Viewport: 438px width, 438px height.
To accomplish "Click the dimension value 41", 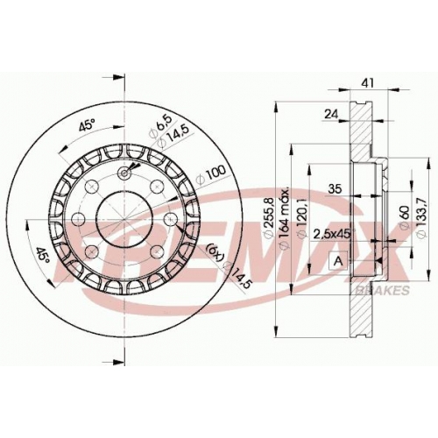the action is coord(368,83).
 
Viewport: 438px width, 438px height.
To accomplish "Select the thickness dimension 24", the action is coord(331,114).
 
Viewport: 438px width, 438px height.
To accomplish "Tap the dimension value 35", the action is coord(335,189).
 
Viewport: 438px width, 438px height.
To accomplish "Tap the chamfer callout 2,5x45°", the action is coord(333,234).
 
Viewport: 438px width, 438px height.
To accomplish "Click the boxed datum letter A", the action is coord(338,261).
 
